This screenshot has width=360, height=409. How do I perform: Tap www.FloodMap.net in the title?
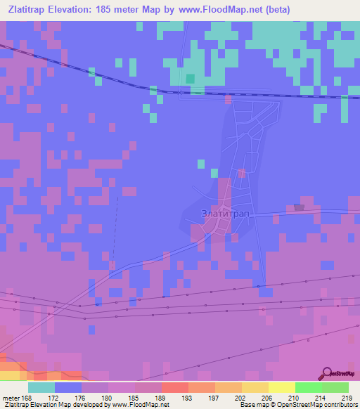217,9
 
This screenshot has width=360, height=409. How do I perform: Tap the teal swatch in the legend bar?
41,387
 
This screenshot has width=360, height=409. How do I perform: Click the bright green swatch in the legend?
308,387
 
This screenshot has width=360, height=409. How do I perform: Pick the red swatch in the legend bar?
174,387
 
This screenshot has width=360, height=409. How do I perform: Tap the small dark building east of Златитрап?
300,207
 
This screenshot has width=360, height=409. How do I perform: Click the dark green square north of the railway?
190,78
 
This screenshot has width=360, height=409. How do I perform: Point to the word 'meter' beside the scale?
12,397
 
